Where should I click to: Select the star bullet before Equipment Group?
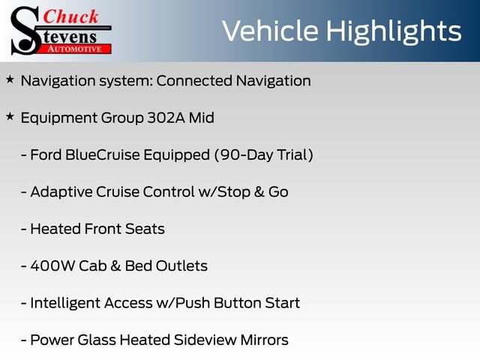(10, 117)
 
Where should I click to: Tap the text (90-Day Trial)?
(262, 155)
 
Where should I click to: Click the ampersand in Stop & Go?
(259, 192)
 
